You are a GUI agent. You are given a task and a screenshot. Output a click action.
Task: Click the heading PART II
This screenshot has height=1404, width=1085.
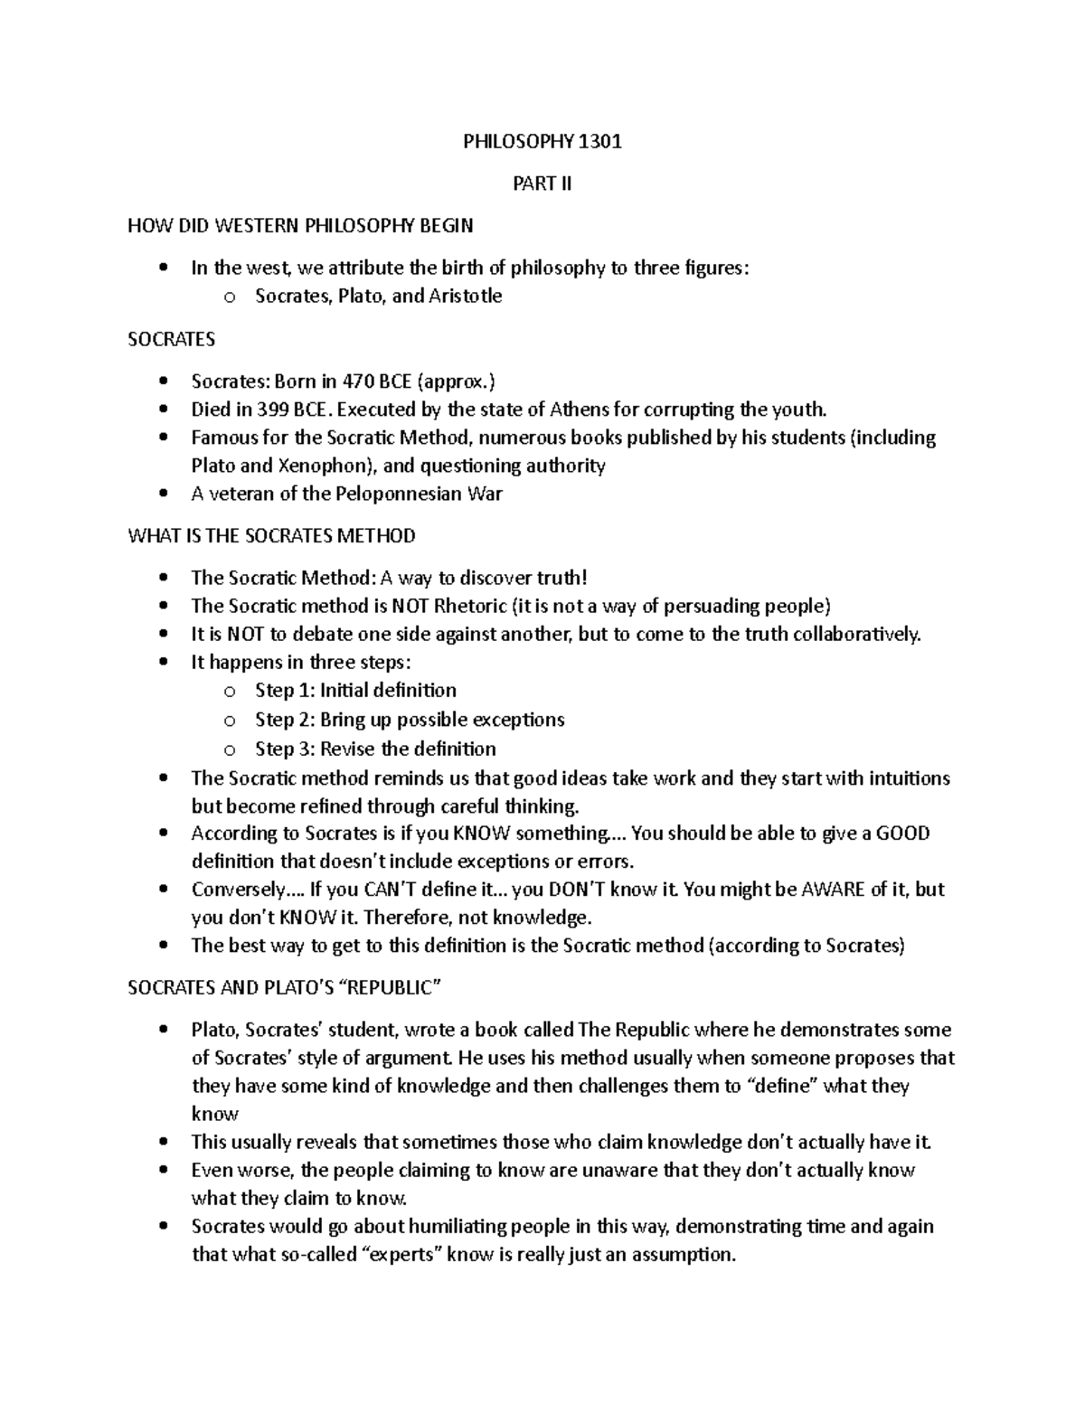542,184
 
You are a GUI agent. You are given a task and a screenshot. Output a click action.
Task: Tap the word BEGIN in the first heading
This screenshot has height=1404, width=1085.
444,225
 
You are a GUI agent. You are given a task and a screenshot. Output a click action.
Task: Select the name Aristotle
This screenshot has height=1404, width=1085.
466,297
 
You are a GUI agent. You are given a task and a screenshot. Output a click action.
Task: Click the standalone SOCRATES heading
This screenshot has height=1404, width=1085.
172,339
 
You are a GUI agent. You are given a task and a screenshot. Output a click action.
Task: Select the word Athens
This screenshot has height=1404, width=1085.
580,410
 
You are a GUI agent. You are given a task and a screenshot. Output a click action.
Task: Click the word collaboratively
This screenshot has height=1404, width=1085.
856,634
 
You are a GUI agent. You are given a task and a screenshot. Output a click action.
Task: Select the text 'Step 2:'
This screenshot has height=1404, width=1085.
285,720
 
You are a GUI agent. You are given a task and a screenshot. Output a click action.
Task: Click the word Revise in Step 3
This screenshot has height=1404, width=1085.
348,749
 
